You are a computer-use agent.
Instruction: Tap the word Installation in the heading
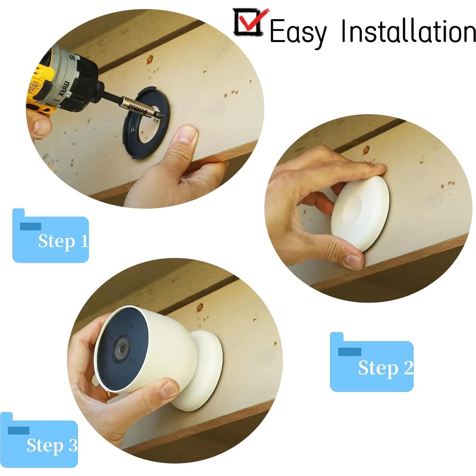tap(408, 31)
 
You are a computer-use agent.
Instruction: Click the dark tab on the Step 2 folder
tap(349, 352)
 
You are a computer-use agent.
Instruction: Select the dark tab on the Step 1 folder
tap(30, 226)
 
